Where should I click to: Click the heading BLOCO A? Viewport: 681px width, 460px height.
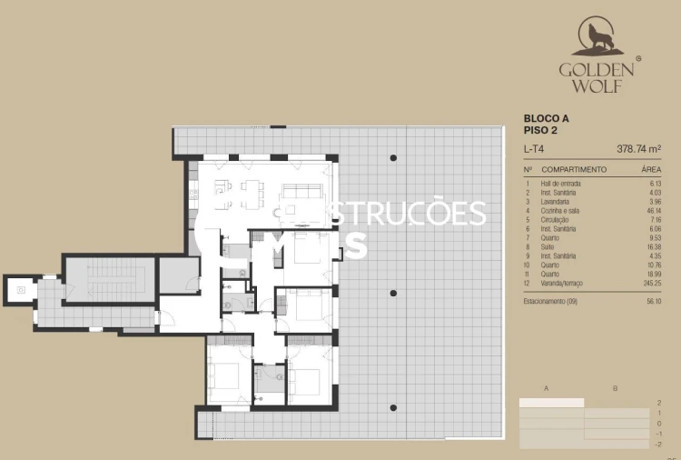coord(547,118)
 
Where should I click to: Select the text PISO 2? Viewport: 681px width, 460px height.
coord(541,130)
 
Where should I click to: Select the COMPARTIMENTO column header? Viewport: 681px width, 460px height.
coord(574,170)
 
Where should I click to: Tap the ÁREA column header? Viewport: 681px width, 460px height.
coord(650,170)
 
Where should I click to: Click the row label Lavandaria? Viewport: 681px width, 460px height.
coord(558,201)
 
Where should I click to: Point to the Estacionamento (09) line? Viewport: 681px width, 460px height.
coord(558,301)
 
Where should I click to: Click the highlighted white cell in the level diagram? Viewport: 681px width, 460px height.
coord(551,402)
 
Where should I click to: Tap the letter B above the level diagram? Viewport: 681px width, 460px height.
coord(615,389)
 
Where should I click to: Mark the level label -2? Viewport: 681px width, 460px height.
coord(658,444)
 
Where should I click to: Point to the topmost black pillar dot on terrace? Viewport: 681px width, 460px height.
coord(393,158)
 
